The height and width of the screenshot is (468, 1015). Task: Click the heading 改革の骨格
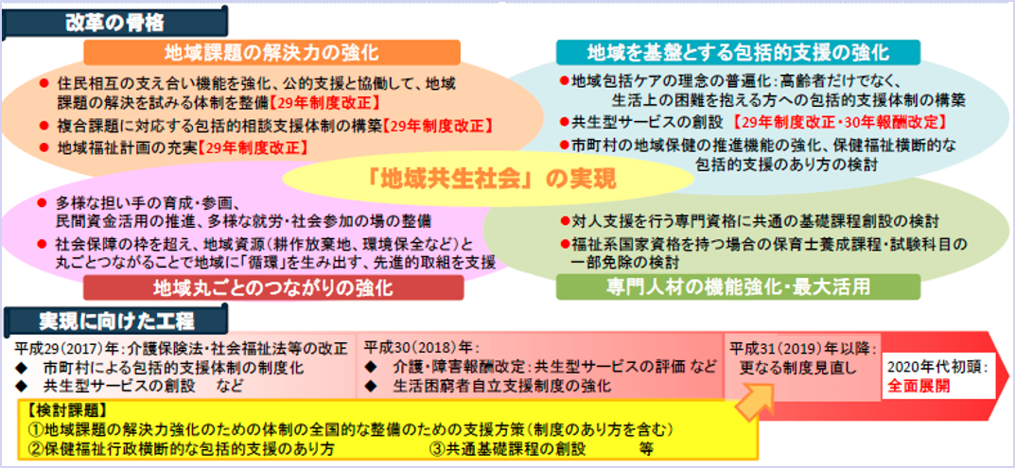(x=114, y=24)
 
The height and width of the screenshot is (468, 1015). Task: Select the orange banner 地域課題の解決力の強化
(x=271, y=52)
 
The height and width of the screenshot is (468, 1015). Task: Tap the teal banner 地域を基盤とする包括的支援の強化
(x=738, y=52)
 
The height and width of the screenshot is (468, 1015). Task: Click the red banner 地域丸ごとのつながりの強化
(x=273, y=287)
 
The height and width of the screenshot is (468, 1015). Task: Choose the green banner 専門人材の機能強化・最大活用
(x=738, y=286)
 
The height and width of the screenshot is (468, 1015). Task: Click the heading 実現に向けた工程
(x=117, y=320)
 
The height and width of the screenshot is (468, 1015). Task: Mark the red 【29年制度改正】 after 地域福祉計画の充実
(x=253, y=147)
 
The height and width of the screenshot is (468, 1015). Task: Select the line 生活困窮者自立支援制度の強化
(x=501, y=387)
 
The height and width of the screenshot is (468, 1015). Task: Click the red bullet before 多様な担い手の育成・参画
(x=43, y=202)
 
